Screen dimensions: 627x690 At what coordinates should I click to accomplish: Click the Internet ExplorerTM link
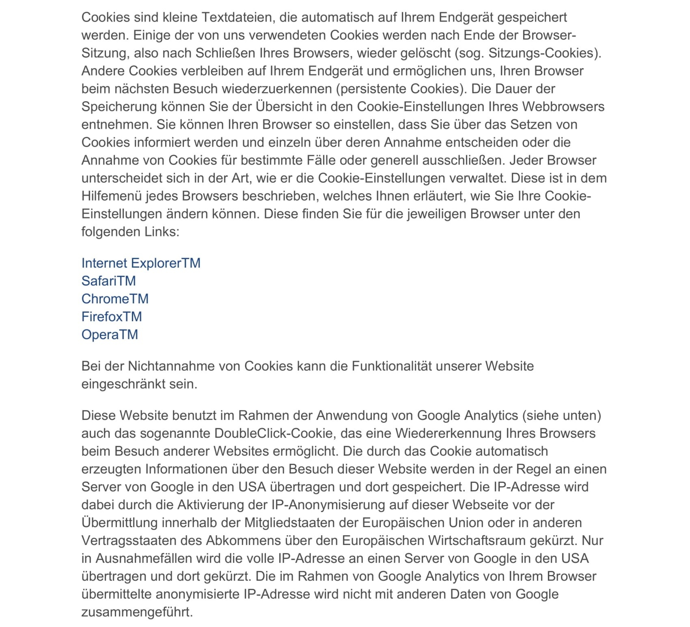[141, 263]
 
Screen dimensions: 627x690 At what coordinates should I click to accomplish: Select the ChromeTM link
[115, 299]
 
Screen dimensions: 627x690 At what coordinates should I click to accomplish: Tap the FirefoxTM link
[111, 317]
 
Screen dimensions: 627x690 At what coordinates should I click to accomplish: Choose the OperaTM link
[110, 334]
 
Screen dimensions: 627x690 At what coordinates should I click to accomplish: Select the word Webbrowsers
[563, 107]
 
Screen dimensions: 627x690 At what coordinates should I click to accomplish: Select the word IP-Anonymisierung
[328, 505]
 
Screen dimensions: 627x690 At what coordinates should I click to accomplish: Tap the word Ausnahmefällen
[143, 558]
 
